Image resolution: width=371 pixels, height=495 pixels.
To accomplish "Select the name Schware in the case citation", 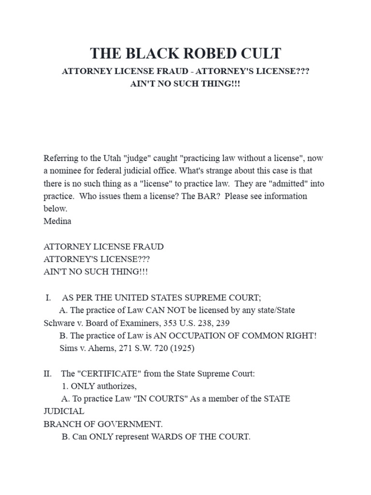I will click(58, 322).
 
